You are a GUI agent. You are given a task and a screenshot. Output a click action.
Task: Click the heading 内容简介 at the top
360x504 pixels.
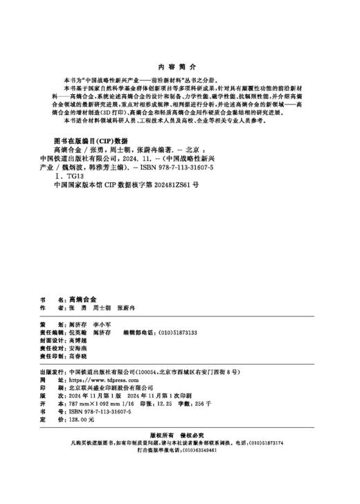(x=180, y=67)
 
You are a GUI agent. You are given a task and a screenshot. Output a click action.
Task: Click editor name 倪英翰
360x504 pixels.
(x=70, y=332)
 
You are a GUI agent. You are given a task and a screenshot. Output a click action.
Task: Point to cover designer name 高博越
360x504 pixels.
(x=70, y=341)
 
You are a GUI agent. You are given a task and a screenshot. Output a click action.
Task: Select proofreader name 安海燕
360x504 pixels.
(x=70, y=350)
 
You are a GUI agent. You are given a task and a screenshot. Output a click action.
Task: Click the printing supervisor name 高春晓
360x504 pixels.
(x=70, y=359)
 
